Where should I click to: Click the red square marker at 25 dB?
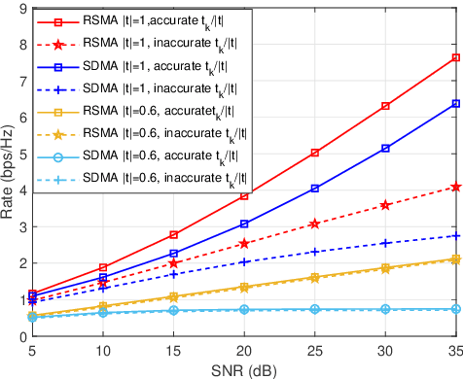click(x=314, y=153)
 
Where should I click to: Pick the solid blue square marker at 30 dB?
click(x=384, y=148)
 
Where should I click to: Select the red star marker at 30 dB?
click(x=384, y=205)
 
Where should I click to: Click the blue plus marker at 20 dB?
click(x=244, y=261)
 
